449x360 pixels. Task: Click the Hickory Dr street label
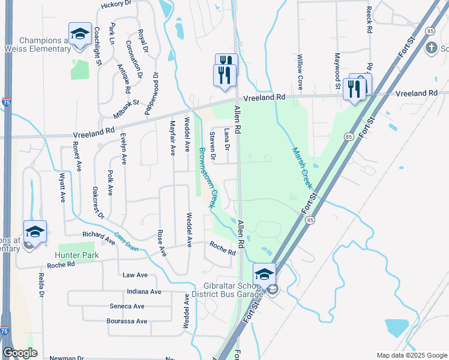[x=116, y=4]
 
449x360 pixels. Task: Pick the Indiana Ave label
[x=144, y=292]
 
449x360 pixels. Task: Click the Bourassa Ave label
[x=128, y=321]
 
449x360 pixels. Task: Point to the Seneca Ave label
[x=127, y=306]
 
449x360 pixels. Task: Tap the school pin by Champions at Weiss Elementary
[x=80, y=34]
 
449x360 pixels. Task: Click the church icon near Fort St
[x=431, y=47]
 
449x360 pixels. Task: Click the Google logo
[x=20, y=353]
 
